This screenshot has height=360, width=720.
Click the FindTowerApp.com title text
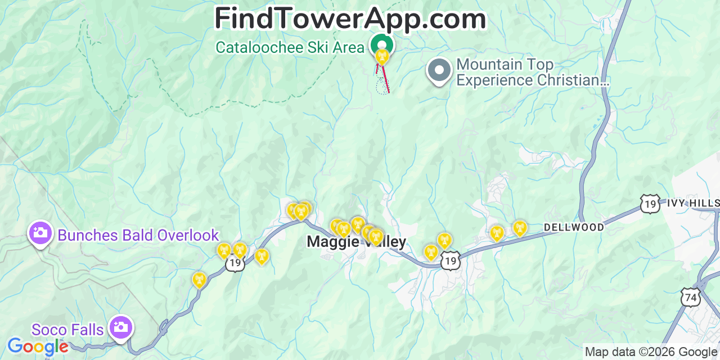[x=350, y=19]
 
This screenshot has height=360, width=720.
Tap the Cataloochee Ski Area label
[x=290, y=47]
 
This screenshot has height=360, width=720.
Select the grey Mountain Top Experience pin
[x=439, y=71]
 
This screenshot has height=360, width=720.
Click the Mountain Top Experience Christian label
[x=532, y=73]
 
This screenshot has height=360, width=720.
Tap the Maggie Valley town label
[x=355, y=242]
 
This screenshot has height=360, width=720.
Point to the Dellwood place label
[x=574, y=227]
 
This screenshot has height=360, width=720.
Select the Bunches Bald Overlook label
[x=138, y=235]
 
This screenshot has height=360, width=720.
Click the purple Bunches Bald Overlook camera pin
[x=40, y=233]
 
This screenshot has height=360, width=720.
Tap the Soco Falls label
[x=67, y=330]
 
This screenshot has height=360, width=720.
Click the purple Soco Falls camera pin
[x=120, y=327]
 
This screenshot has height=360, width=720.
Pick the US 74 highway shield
[x=691, y=296]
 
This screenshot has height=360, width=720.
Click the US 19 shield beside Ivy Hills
[x=650, y=204]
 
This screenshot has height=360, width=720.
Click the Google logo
[x=38, y=346]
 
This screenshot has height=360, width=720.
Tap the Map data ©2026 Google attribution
[x=651, y=352]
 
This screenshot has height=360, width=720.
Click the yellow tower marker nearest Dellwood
[x=520, y=228]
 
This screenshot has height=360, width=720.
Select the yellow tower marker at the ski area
[x=382, y=56]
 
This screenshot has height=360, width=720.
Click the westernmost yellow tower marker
[x=199, y=279]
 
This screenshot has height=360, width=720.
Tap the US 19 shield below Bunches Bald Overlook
[x=235, y=264]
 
